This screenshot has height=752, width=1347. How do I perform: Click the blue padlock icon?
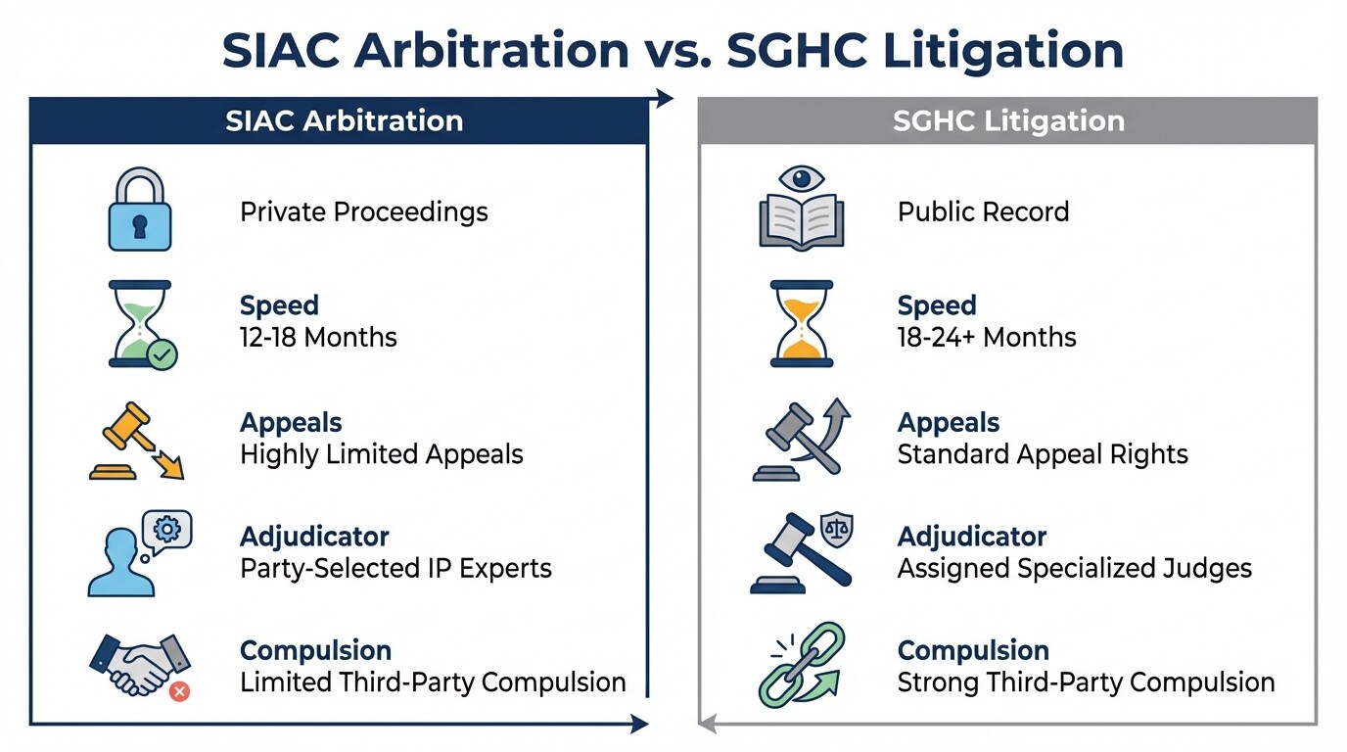138,210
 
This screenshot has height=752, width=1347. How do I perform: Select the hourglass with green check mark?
141,324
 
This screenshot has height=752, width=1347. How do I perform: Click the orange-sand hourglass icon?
801,324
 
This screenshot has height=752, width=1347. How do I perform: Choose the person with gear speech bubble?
139,553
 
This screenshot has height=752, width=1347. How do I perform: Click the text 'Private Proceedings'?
363,211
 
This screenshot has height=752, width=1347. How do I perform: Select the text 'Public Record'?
983,211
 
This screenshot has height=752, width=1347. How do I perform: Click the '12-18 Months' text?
318,338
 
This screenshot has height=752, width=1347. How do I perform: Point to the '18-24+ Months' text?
987,338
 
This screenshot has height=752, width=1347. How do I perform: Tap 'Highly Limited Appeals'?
381,454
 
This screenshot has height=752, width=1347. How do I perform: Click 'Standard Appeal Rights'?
1043,454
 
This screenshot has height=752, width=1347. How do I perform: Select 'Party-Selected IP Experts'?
395,568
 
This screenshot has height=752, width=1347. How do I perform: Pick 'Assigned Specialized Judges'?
1074,568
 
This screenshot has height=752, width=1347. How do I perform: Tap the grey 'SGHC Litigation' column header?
1008,121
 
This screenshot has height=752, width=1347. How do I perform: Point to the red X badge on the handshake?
179,691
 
